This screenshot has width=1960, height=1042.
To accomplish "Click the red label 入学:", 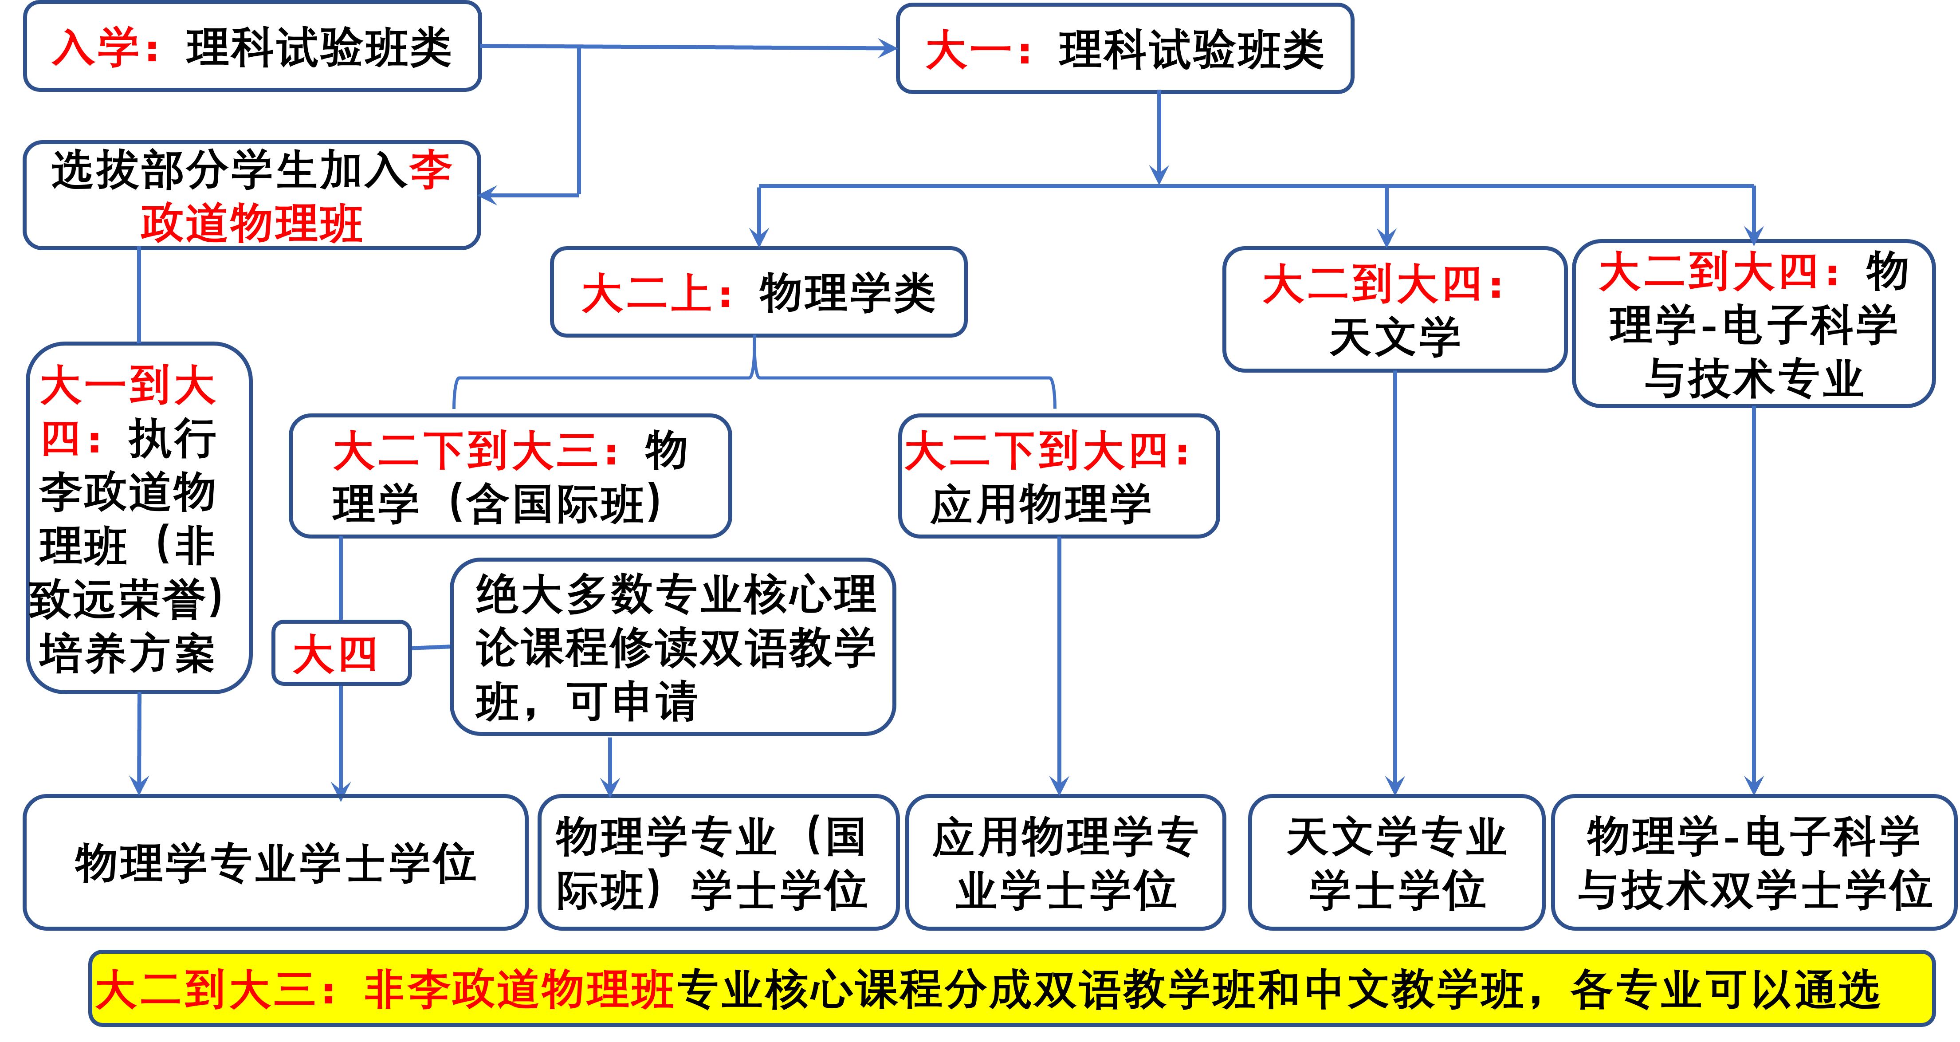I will click(x=104, y=48).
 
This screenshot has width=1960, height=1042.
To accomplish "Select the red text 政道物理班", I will click(x=251, y=223).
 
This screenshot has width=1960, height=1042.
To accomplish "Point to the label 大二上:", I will click(x=656, y=294).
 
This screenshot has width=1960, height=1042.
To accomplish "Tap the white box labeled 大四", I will click(x=342, y=653).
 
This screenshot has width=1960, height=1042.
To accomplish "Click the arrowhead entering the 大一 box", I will click(x=887, y=49).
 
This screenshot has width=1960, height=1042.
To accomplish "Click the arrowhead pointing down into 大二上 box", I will click(x=758, y=237).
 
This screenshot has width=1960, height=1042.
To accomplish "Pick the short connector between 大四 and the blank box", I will click(x=431, y=648).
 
